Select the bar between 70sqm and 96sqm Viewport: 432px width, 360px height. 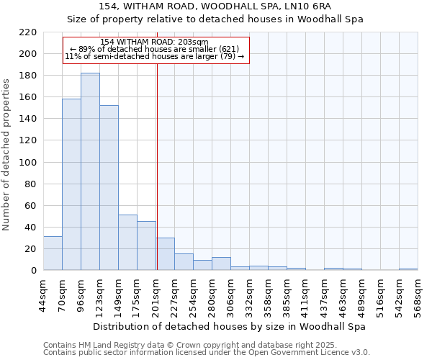click(71, 184)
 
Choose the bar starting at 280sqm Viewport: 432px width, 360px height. click(221, 264)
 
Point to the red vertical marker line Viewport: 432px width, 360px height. click(157, 166)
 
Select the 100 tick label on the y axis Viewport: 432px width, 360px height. click(29, 163)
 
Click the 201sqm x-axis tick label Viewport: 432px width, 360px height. click(156, 294)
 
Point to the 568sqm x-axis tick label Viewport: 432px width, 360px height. click(418, 294)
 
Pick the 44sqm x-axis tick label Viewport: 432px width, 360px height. click(44, 294)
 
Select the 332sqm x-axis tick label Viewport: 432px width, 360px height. click(250, 294)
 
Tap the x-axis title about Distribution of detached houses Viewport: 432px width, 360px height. click(230, 326)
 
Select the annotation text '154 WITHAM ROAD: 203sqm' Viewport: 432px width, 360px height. click(154, 42)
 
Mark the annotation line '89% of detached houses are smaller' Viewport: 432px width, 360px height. click(154, 49)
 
